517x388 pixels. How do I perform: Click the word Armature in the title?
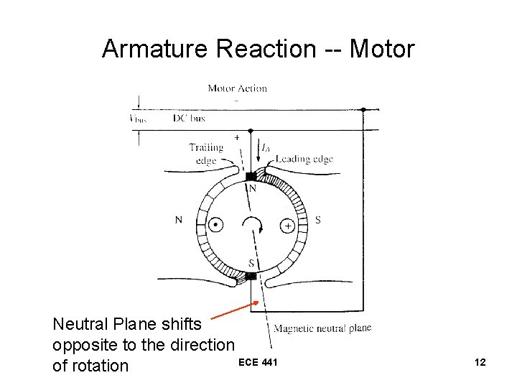154,49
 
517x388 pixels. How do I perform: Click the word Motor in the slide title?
383,49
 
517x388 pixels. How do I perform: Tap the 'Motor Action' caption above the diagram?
237,88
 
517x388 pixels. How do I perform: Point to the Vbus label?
137,118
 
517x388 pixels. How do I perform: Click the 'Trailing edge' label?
206,154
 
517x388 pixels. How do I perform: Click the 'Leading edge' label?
304,159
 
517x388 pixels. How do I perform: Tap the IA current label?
266,148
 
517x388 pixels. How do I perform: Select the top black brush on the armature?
251,176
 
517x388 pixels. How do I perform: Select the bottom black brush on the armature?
251,276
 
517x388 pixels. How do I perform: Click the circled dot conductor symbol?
214,226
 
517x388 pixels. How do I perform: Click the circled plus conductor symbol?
287,226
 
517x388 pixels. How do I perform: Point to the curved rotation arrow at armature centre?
251,224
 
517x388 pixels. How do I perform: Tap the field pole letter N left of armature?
179,219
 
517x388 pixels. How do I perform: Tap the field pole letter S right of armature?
317,219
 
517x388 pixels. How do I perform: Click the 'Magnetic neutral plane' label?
322,328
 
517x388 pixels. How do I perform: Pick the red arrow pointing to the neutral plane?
236,310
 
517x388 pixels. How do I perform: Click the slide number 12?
480,362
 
